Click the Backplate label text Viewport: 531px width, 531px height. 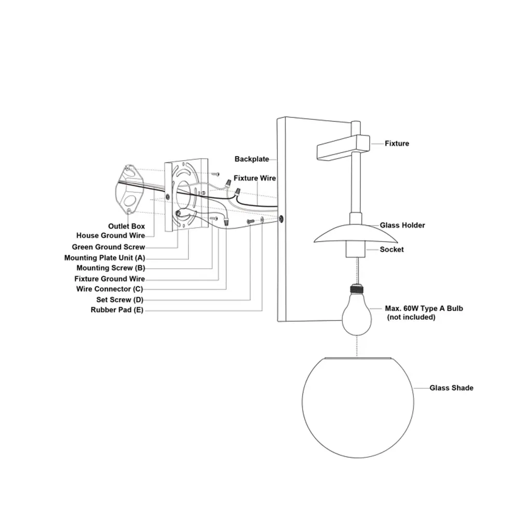pos(251,159)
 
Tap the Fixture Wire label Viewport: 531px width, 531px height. pos(255,178)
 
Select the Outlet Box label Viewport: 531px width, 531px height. pos(127,227)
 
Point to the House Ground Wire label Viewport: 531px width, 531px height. pos(110,236)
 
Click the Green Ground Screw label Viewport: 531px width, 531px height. pos(108,247)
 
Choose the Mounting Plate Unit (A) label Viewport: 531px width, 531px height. pos(105,258)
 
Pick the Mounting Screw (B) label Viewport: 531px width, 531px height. pos(111,268)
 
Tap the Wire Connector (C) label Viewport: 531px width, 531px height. pos(109,289)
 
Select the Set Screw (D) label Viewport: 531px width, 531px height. pos(120,300)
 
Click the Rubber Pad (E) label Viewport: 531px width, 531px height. pos(117,310)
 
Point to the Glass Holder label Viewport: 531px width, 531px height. pos(402,226)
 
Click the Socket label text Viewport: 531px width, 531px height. pos(392,249)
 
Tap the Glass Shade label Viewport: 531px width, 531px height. pos(451,388)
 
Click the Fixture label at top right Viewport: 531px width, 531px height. pos(397,144)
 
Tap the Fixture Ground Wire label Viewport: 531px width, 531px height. pos(110,279)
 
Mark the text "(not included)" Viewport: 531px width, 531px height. pos(411,317)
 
